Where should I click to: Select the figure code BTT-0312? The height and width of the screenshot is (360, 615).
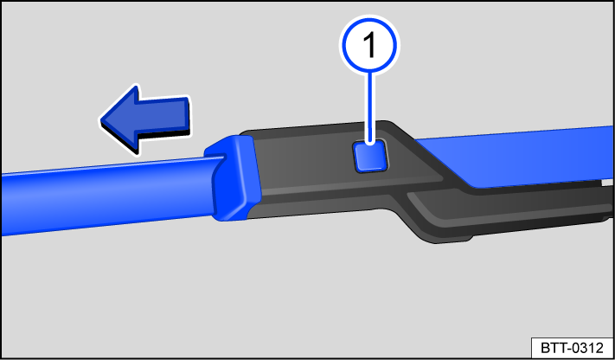(572, 347)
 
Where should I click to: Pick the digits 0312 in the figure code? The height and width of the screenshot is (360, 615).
(586, 347)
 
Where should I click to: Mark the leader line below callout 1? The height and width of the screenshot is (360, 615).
(372, 104)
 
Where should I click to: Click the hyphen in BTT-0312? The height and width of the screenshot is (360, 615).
(567, 347)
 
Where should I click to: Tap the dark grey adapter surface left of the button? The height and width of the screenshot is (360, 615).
(303, 164)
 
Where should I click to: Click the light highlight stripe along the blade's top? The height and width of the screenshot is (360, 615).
(104, 170)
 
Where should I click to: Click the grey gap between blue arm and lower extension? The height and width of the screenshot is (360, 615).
(597, 183)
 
